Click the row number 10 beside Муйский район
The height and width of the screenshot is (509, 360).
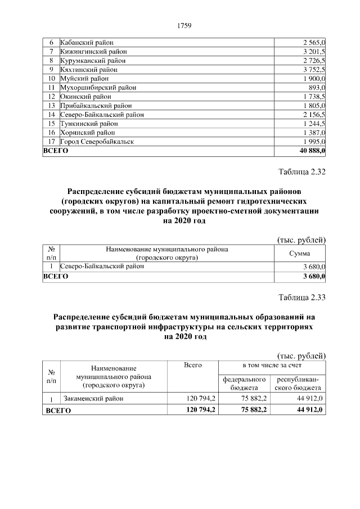pos(51,79)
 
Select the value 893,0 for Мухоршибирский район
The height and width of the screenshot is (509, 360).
pos(317,88)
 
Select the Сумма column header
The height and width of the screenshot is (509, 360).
pos(299,254)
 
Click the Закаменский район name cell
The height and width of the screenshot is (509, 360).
pos(93,399)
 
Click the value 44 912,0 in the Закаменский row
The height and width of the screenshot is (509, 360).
pos(309,399)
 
